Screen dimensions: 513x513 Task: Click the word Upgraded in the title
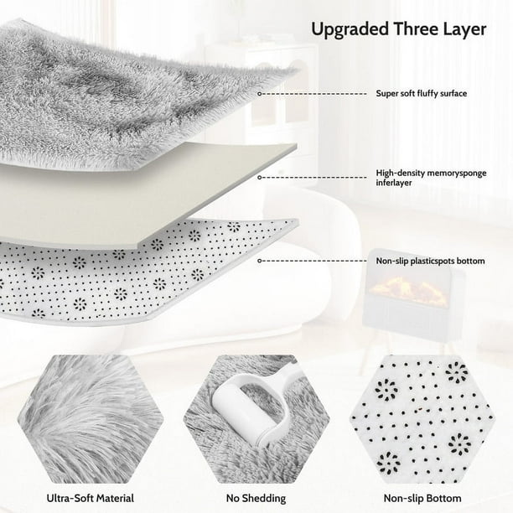[350, 30]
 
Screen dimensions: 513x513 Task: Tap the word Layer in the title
[465, 29]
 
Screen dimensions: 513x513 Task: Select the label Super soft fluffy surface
[421, 94]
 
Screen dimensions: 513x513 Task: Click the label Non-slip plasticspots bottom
[430, 261]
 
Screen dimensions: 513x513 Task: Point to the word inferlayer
[394, 183]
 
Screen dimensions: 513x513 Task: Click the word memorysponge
[458, 174]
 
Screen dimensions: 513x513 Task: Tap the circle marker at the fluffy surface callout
[260, 94]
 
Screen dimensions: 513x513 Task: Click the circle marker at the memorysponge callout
[260, 178]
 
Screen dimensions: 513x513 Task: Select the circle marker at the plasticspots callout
[260, 261]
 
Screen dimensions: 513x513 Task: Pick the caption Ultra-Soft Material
[91, 498]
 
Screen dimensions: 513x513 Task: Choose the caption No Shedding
[256, 498]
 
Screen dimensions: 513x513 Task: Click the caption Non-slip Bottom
[422, 498]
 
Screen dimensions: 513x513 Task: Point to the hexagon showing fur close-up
[91, 419]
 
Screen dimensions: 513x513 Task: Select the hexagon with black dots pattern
[422, 419]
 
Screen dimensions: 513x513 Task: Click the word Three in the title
[416, 29]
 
